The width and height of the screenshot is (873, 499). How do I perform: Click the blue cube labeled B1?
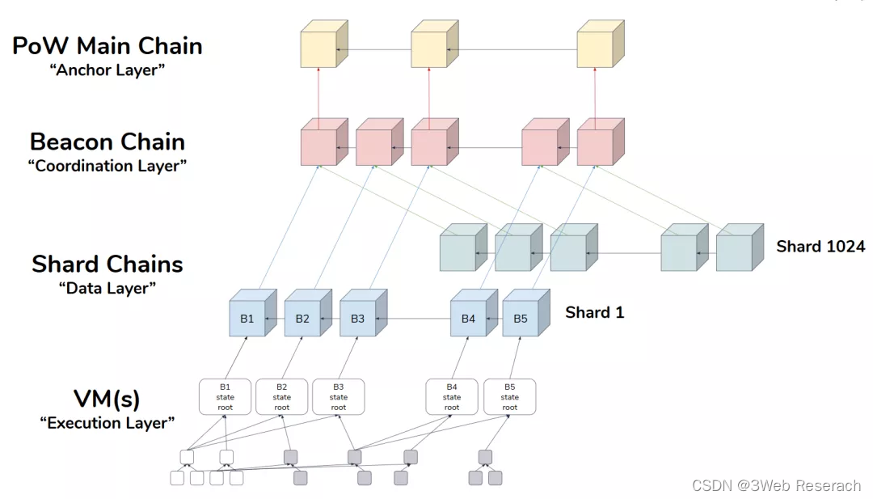247,319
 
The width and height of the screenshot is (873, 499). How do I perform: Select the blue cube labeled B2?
302,319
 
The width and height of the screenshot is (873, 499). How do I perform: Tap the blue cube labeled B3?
357,319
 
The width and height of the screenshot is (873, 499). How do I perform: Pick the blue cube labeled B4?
468,319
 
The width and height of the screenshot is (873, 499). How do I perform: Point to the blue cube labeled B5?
521,319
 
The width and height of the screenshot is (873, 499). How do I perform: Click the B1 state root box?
226,397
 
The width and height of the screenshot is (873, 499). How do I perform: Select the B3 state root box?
339,397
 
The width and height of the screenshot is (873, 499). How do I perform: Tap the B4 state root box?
452,397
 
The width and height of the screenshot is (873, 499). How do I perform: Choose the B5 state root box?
509,397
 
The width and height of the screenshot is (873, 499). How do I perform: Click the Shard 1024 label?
820,247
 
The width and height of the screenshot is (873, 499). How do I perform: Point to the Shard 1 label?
594,312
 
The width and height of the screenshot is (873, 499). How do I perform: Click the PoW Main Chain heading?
108,45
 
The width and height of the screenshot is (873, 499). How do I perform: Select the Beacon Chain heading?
108,142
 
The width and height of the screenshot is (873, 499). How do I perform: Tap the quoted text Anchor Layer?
107,70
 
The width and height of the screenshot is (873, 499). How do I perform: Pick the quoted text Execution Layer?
108,423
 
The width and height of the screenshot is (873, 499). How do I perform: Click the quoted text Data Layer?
108,288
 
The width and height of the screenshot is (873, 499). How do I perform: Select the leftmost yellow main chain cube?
318,50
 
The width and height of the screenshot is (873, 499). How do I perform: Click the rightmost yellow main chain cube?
595,50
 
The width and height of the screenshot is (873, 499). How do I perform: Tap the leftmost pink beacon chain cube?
318,146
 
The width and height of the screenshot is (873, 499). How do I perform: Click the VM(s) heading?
108,399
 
